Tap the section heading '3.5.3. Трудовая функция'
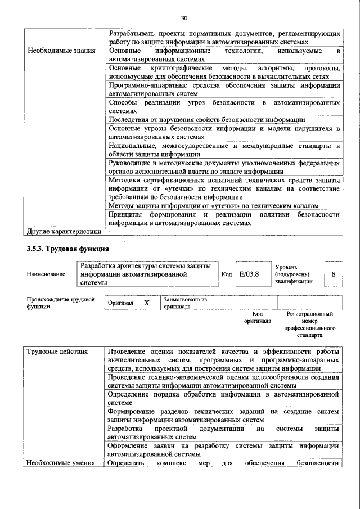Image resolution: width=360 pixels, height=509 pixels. [x=67, y=249]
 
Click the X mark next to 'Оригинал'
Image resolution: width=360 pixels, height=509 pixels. [x=147, y=303]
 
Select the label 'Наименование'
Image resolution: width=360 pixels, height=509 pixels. [x=46, y=274]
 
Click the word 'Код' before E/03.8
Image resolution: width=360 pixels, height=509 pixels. [x=226, y=274]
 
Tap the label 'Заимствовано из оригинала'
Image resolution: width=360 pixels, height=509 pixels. [x=186, y=303]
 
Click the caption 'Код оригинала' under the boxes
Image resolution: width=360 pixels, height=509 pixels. [x=257, y=317]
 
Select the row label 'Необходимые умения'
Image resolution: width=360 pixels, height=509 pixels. [x=61, y=463]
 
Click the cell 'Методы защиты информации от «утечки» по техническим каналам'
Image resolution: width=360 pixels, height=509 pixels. [x=214, y=206]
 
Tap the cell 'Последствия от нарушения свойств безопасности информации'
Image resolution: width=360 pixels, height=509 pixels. [x=207, y=120]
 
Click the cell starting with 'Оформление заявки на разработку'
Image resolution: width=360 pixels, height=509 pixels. [x=224, y=450]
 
